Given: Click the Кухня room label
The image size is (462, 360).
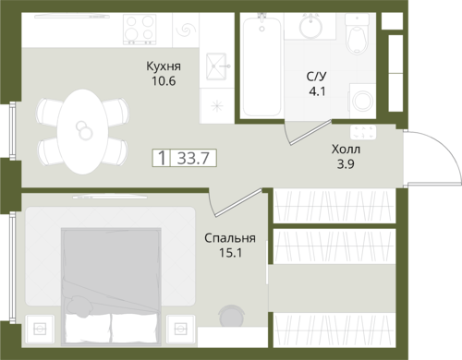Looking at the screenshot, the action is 164,66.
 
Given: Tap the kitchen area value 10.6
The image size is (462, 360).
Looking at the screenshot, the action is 164,81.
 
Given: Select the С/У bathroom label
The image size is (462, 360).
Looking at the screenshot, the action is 317,77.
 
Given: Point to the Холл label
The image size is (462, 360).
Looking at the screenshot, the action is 346,150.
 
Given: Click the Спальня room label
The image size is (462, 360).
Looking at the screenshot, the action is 230,238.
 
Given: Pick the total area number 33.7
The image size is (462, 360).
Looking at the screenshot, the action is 193,158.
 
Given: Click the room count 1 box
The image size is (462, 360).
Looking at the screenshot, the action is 161,158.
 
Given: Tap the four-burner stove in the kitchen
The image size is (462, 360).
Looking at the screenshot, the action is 140,29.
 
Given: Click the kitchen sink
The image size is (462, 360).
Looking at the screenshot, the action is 216,66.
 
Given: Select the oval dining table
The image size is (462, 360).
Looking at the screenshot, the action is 83,131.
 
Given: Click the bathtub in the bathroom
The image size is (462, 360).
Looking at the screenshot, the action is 261,66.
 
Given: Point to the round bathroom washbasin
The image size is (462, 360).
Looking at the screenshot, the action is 311,27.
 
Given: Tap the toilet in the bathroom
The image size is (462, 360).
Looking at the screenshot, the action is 357,34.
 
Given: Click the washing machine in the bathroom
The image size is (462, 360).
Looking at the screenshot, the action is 362,101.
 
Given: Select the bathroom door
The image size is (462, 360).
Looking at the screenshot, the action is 310,132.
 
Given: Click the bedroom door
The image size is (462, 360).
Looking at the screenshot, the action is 238,202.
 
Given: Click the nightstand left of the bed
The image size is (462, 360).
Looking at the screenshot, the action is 40,329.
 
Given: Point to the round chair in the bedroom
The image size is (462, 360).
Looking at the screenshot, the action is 232,316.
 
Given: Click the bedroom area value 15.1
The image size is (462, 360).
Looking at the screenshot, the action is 230,253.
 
